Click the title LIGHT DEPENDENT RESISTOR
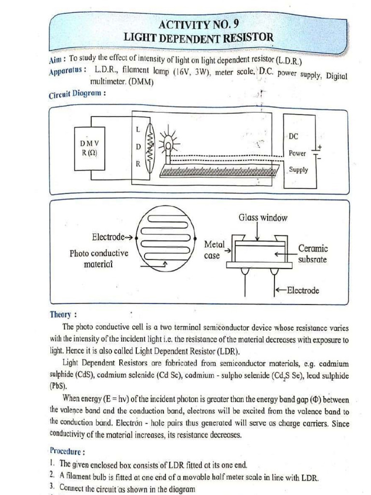pyautogui.click(x=198, y=37)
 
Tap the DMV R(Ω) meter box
pyautogui.click(x=90, y=148)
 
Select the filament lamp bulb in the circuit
pyautogui.click(x=168, y=142)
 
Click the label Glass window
pyautogui.click(x=263, y=218)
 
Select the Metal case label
pyautogui.click(x=213, y=250)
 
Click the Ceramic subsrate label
pyautogui.click(x=313, y=254)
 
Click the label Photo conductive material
pyautogui.click(x=99, y=259)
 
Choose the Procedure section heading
pyautogui.click(x=67, y=452)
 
